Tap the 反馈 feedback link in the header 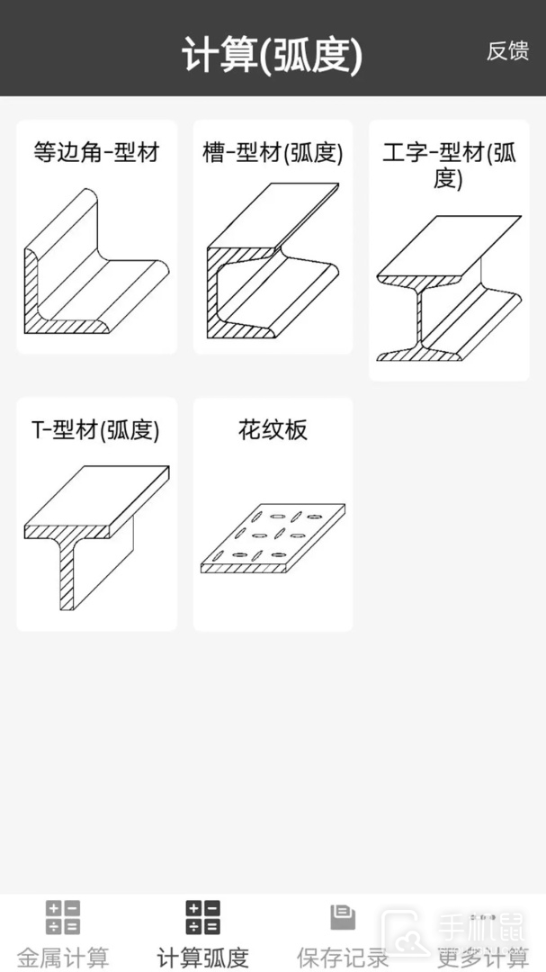coord(507,51)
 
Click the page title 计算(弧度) coord(272,56)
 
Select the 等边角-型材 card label coord(96,152)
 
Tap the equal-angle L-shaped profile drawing coord(96,262)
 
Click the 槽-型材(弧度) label coord(273,152)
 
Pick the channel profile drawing coord(273,261)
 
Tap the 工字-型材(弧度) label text coord(450,166)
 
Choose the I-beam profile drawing coord(450,288)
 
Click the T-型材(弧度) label coord(95,430)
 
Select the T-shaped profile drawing coord(96,537)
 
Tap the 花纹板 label coord(273,429)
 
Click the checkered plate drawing coord(273,538)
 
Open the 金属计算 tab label coord(63,958)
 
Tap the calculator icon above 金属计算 coord(63,917)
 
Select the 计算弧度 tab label coord(202,958)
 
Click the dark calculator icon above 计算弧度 coord(202,917)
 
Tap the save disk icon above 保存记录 coord(343,917)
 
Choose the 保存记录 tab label coord(343,958)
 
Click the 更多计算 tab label coord(483,958)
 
